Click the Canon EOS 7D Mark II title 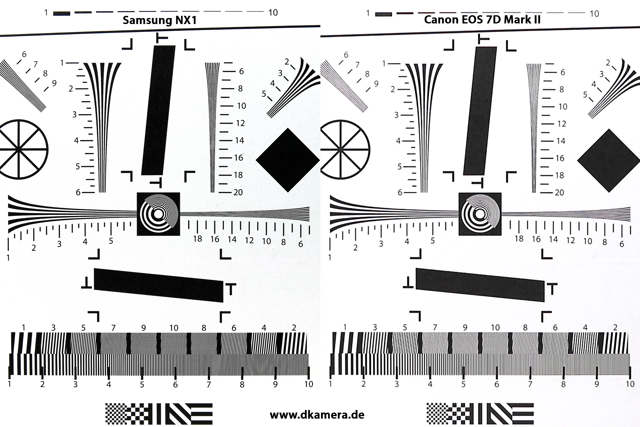pos(482,20)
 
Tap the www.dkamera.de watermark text pos(317,415)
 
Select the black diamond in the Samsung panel pos(288,160)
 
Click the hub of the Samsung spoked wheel pos(18,149)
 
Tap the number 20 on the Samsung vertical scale pos(238,192)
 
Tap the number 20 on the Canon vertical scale pos(559,193)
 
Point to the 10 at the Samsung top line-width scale pos(273,12)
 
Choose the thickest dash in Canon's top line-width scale pos(383,14)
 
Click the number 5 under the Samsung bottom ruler pos(142,384)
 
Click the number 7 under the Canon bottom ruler pos(530,384)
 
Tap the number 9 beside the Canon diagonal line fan pos(376,84)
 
